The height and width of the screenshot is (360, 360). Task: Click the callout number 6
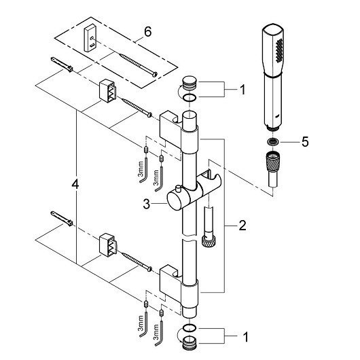[x=147, y=31]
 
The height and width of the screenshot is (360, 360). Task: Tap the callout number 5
[x=305, y=142]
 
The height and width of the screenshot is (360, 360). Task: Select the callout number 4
[x=75, y=184]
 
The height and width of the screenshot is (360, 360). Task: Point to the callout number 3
[x=146, y=204]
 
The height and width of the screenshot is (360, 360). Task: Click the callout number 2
[x=242, y=226]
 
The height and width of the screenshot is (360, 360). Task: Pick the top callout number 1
[x=242, y=90]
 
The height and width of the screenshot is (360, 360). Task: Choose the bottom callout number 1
[x=245, y=337]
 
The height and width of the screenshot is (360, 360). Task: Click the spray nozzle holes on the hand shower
[x=278, y=50]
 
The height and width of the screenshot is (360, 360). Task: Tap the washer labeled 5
[x=272, y=142]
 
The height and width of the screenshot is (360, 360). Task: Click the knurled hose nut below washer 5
[x=272, y=162]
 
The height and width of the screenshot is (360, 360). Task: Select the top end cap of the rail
[x=190, y=83]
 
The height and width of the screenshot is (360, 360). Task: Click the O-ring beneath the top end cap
[x=190, y=98]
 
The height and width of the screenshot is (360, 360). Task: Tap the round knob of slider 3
[x=175, y=201]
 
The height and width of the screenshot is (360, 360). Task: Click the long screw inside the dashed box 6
[x=139, y=65]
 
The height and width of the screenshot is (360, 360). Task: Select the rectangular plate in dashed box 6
[x=90, y=38]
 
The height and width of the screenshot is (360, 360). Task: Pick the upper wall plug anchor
[x=62, y=65]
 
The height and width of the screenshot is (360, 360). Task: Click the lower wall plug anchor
[x=62, y=218]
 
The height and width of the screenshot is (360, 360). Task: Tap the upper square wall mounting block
[x=108, y=91]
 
